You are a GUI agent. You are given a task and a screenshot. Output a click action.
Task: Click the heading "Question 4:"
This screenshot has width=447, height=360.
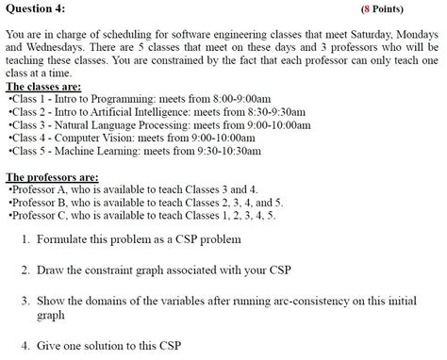[35, 8]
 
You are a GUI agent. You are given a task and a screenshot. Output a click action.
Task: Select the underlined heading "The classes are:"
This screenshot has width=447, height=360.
[42, 87]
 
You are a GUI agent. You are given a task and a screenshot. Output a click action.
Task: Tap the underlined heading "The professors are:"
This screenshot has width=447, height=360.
[51, 177]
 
